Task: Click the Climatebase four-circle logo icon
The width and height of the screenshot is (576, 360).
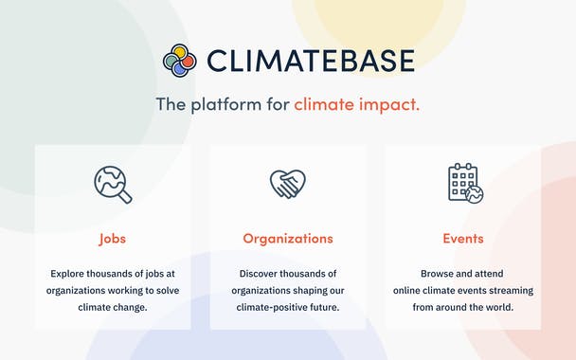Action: [180, 61]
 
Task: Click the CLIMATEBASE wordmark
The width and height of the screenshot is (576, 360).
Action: [310, 61]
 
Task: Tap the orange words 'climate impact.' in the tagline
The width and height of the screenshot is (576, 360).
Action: [356, 104]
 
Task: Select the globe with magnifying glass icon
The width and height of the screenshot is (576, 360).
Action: [113, 184]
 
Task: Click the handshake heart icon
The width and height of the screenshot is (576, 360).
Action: [287, 184]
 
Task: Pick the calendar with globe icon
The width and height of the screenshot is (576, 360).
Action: [464, 184]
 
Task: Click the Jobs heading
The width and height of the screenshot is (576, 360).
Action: [112, 239]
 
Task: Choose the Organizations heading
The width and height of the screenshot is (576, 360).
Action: [287, 239]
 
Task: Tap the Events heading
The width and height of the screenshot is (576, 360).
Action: [463, 239]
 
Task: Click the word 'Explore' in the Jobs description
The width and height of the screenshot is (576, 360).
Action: [70, 273]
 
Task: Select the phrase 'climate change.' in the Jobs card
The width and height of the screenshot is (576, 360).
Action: [112, 308]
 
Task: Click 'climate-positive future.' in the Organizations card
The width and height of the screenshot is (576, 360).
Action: [288, 308]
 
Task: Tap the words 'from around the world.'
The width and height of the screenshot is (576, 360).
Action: [463, 308]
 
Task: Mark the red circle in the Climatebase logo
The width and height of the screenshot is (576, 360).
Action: [188, 61]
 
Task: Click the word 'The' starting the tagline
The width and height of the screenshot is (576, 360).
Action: [171, 104]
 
